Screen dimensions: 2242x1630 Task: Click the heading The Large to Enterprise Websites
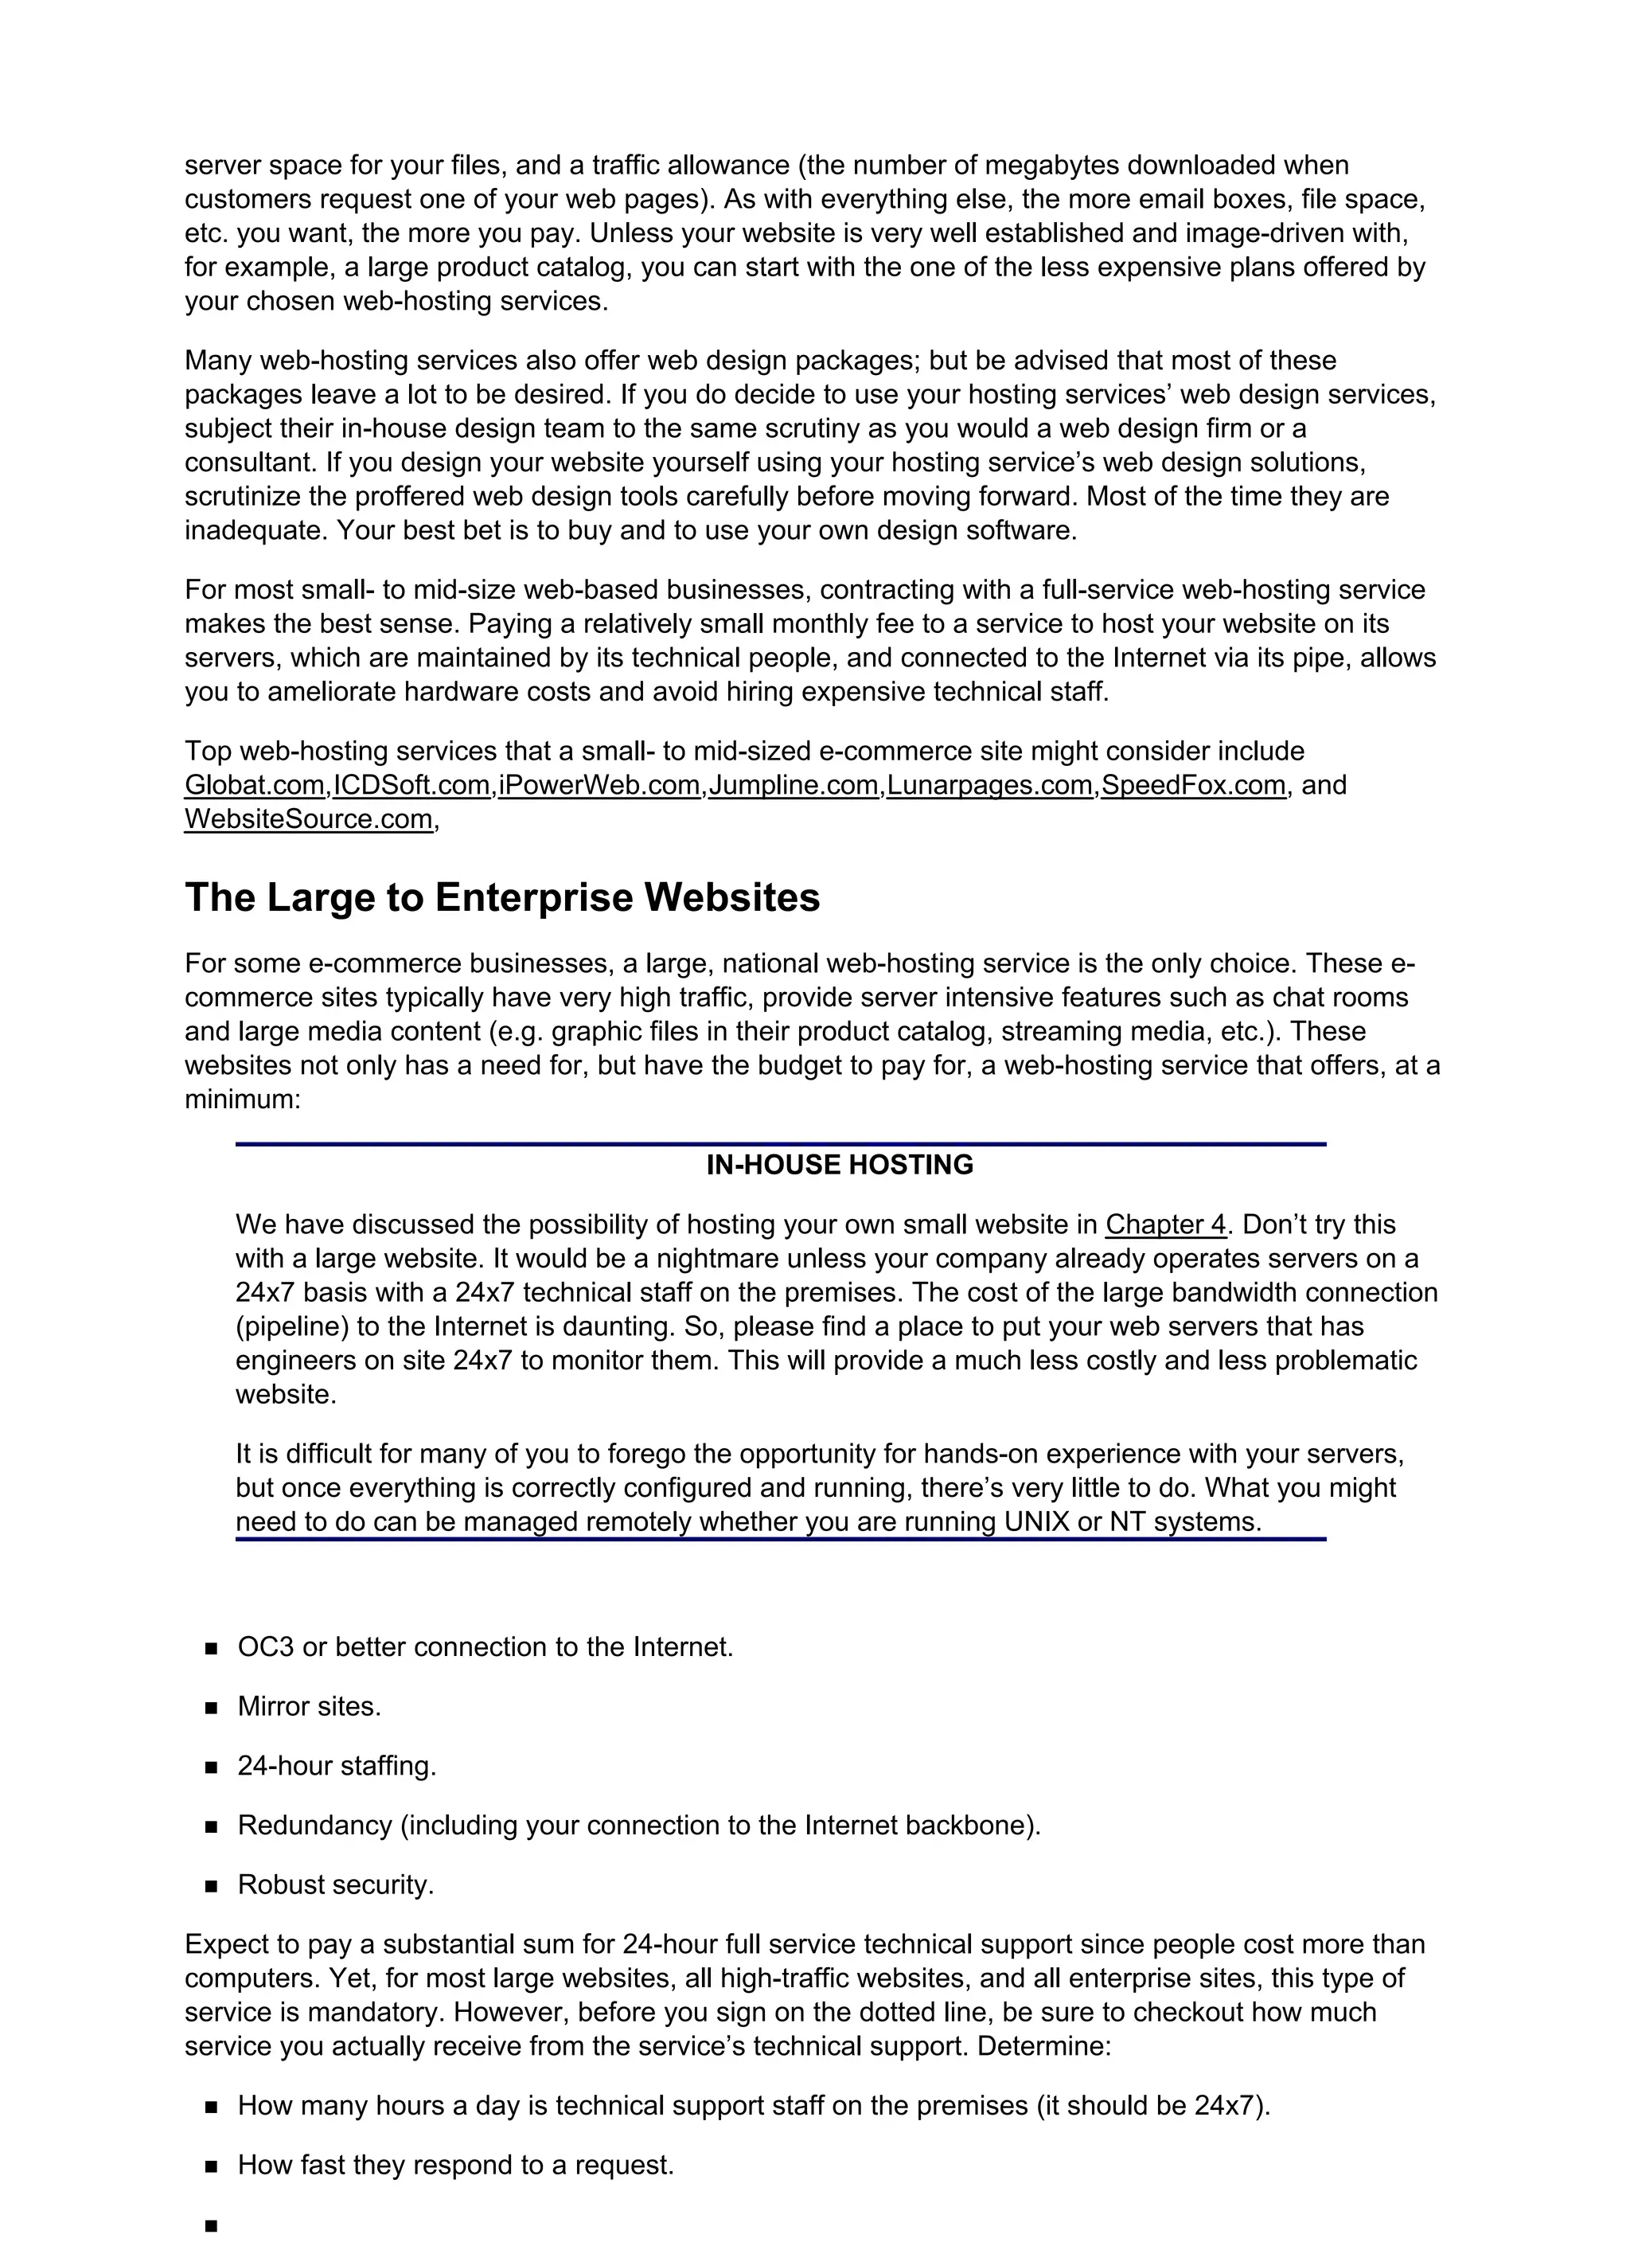(502, 897)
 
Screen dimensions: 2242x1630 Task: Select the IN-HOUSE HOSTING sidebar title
(839, 1165)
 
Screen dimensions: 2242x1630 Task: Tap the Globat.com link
(254, 785)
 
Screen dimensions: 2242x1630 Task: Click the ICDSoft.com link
(411, 785)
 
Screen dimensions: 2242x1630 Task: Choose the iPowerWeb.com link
(599, 785)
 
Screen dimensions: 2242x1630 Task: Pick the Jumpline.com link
(793, 785)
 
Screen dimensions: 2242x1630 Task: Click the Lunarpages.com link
(989, 785)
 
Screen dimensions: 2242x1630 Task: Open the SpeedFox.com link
(1193, 785)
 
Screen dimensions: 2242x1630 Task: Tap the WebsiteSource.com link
(308, 819)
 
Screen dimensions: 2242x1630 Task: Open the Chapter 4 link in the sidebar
(1165, 1225)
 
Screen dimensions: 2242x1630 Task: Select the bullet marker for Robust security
(211, 1886)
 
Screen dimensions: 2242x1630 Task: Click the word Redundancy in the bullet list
(314, 1825)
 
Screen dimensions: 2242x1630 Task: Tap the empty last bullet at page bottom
(211, 2226)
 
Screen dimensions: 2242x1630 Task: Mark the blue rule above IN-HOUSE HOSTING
(780, 1144)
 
